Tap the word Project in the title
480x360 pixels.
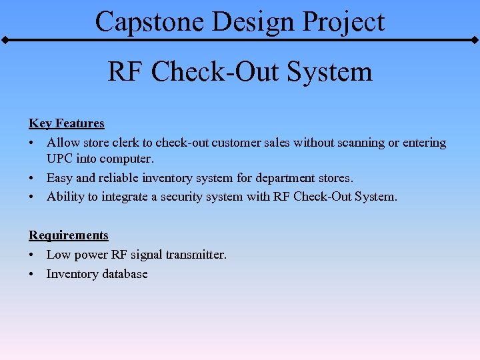[x=343, y=21]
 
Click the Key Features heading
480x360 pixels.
[x=67, y=123]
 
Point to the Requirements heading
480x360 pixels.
[x=68, y=235]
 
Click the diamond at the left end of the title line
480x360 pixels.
[x=5, y=41]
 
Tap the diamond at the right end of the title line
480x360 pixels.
[x=475, y=41]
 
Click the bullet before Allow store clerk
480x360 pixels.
[x=32, y=143]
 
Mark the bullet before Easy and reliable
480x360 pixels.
[x=32, y=178]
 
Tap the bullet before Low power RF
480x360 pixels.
[x=32, y=255]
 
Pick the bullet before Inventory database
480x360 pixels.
[x=32, y=274]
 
